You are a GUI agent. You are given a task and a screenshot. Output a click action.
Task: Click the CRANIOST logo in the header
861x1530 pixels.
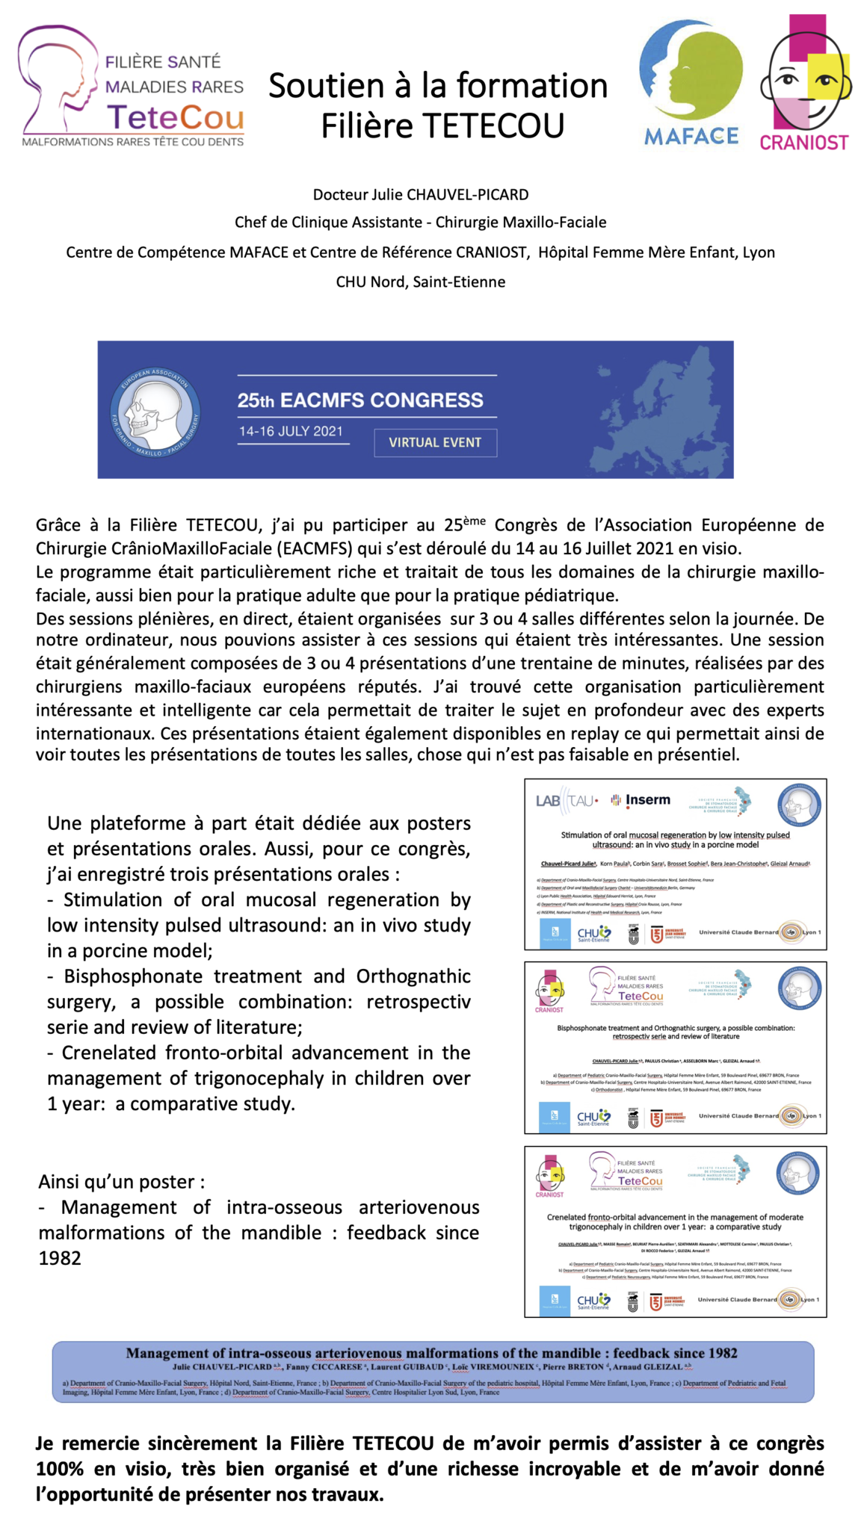click(805, 82)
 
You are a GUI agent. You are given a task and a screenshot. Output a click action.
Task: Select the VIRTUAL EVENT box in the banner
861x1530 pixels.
click(435, 442)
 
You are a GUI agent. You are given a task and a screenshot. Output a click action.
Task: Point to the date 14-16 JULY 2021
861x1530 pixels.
click(291, 431)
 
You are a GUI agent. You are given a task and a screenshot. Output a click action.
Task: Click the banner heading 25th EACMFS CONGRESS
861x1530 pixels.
click(360, 400)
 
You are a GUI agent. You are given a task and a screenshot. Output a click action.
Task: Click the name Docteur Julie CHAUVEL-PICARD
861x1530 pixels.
click(421, 195)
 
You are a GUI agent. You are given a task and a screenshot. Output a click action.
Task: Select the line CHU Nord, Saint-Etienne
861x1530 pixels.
click(421, 282)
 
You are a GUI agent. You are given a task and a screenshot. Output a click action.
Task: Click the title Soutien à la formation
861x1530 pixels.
click(438, 87)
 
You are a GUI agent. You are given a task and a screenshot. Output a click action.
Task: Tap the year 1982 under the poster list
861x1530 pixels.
click(60, 1258)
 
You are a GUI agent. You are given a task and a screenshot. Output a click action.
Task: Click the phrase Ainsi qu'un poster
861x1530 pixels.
click(121, 1182)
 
